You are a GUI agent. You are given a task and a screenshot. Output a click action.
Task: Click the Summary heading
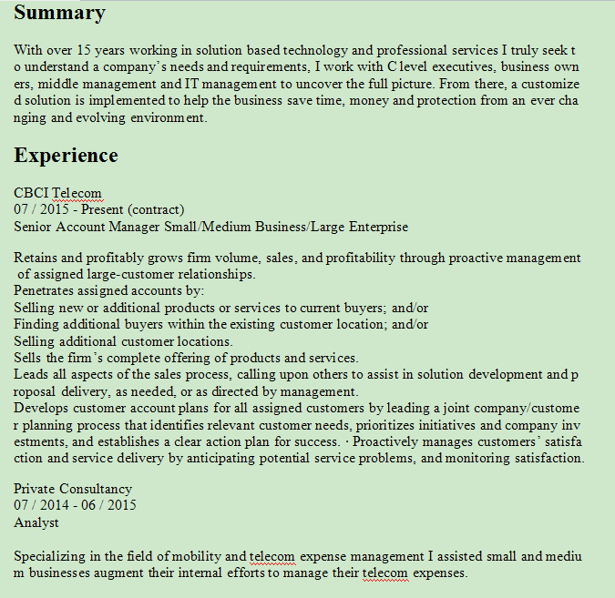(59, 13)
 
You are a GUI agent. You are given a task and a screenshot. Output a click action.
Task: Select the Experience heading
(66, 155)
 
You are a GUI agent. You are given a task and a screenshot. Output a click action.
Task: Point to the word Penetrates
(44, 291)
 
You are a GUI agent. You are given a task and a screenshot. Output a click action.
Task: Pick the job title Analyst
(36, 522)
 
